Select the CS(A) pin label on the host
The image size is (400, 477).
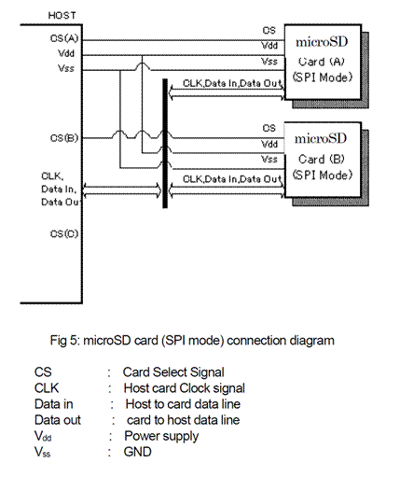point(63,38)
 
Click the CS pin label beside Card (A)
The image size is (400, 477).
point(269,31)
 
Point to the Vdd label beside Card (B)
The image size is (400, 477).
point(269,144)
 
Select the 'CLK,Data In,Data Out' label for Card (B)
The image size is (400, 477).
point(231,178)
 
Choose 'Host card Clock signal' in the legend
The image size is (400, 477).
point(177,387)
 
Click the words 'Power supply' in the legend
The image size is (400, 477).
point(152,435)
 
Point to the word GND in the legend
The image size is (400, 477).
point(137,452)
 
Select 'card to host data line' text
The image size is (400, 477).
point(180,419)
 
